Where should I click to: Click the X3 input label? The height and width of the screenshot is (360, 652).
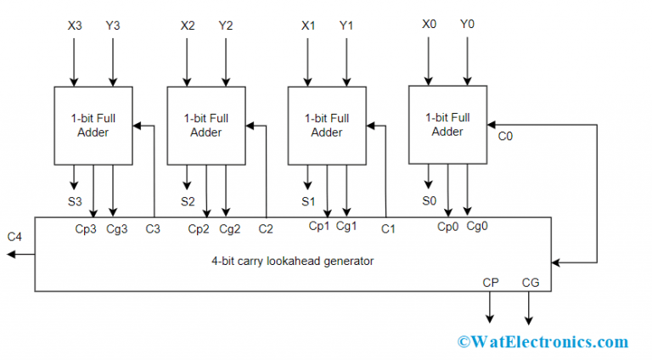coord(75,25)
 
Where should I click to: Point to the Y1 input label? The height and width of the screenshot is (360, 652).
coord(347,25)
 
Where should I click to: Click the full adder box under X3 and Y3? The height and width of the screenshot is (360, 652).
coord(93,125)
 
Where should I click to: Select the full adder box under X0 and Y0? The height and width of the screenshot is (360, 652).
coord(447,124)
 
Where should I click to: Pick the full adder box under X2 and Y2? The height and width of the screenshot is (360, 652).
coord(206,125)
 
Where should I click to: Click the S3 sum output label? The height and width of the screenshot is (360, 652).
coord(75,201)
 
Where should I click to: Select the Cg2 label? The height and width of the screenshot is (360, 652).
coord(230,229)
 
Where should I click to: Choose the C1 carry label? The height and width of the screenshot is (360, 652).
coord(388,229)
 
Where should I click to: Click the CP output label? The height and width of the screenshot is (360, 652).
coord(491,282)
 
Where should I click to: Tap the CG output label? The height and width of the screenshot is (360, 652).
coord(530,282)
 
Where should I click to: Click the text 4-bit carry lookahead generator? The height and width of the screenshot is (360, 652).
coord(293,262)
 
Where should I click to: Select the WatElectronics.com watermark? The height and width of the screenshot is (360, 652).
coord(542,341)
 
